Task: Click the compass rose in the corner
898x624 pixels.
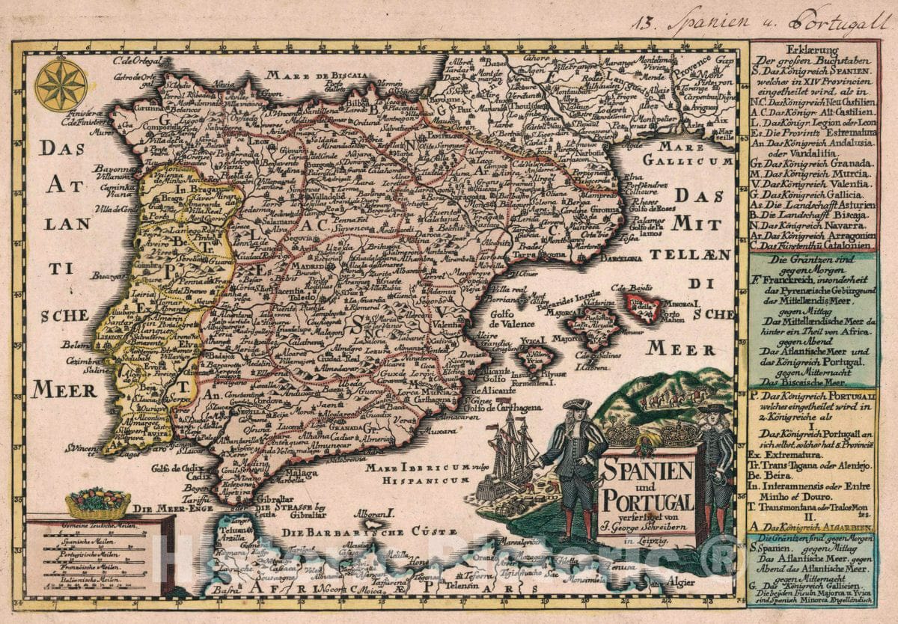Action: pyautogui.click(x=61, y=85)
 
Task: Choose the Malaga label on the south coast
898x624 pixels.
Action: pyautogui.click(x=301, y=473)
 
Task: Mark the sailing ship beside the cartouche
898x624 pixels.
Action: pyautogui.click(x=511, y=453)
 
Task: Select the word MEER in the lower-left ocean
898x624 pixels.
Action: pyautogui.click(x=65, y=390)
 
